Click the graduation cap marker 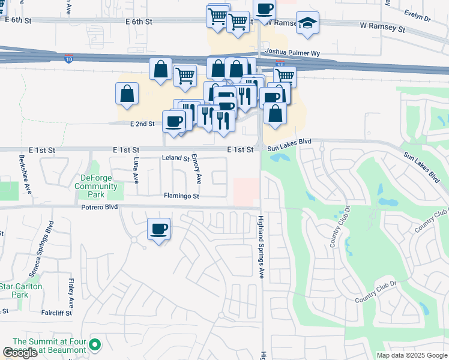[x=307, y=23]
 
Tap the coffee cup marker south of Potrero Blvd [x=159, y=229]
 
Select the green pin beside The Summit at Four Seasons [x=95, y=345]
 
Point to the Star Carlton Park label [x=21, y=290]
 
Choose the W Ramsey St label [x=382, y=28]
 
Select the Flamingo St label [x=182, y=196]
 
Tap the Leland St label [x=176, y=158]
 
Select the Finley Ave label [x=71, y=294]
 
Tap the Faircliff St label [x=56, y=313]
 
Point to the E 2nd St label [x=142, y=124]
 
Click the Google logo [x=20, y=353]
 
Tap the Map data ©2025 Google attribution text [x=411, y=355]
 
